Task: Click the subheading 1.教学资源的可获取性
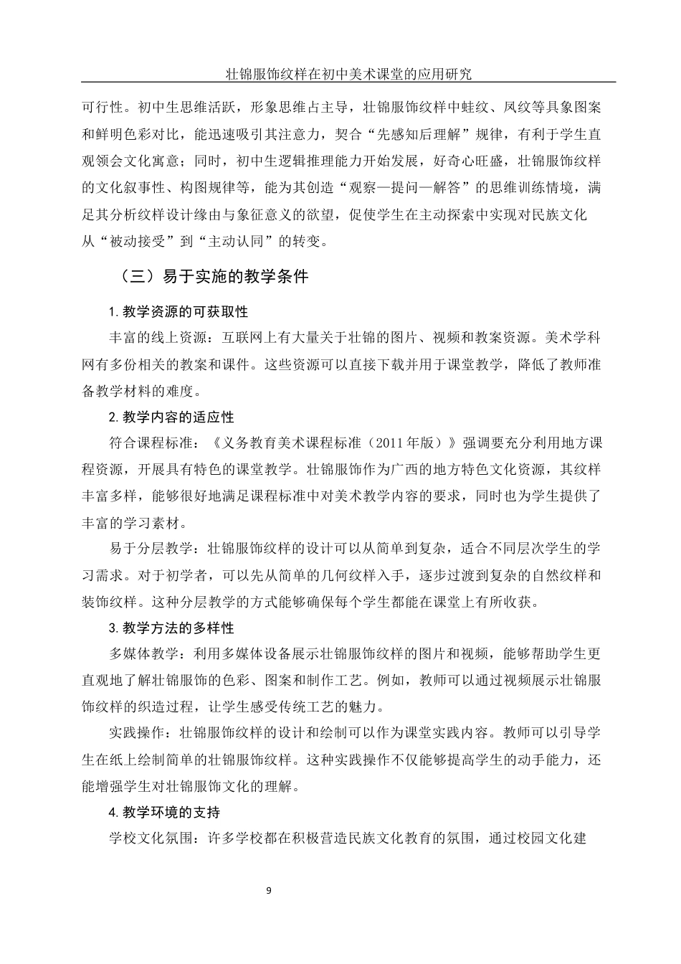coord(178,311)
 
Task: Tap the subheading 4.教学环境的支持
coord(164,812)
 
